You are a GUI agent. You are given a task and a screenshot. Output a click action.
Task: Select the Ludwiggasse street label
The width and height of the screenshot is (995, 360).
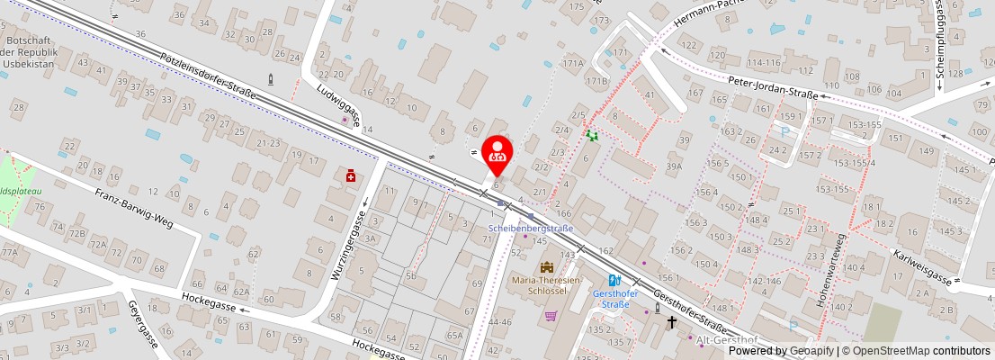338,104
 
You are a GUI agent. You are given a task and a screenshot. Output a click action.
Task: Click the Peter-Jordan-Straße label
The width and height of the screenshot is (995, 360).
773,93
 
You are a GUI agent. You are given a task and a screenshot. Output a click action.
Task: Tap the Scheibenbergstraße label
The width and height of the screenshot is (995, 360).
530,229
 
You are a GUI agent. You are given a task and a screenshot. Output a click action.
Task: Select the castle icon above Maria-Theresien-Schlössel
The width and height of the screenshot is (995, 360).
546,267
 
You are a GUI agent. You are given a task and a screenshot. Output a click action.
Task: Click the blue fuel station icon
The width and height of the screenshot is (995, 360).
614,280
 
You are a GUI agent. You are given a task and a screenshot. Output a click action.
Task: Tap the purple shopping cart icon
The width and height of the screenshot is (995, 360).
551,316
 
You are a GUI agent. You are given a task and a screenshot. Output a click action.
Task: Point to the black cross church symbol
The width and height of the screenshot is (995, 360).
670,321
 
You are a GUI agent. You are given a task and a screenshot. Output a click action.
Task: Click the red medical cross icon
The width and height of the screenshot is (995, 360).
350,176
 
